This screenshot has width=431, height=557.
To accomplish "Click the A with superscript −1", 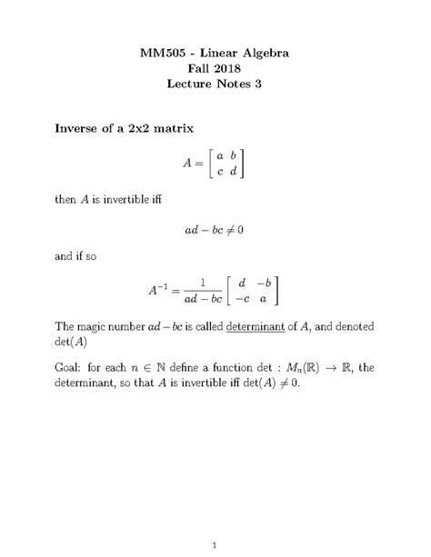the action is point(160,291).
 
